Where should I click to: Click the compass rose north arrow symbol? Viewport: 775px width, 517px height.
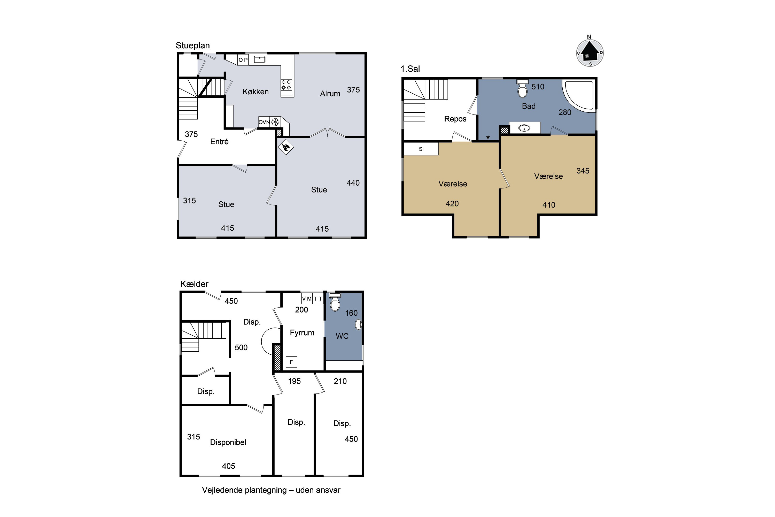click(590, 52)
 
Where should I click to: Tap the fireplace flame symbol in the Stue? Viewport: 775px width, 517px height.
click(285, 147)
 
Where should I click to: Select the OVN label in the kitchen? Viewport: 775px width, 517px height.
click(264, 122)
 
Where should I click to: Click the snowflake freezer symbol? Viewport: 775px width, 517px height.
click(275, 122)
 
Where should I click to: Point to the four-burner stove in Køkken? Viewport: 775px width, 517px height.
click(286, 85)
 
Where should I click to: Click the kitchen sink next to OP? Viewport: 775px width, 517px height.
click(260, 60)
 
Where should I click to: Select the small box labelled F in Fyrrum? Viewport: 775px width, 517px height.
click(291, 362)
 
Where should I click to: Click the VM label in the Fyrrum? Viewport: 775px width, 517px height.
click(307, 299)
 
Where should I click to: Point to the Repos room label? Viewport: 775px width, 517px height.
click(455, 119)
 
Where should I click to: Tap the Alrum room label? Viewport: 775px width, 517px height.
click(330, 94)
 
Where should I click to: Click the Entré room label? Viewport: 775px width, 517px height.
click(219, 141)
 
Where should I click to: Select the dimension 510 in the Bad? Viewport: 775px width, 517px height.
click(538, 87)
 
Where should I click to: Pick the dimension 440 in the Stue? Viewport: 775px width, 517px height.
click(353, 183)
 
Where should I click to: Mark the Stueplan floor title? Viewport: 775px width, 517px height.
click(192, 45)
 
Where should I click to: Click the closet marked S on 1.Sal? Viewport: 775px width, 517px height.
click(421, 149)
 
